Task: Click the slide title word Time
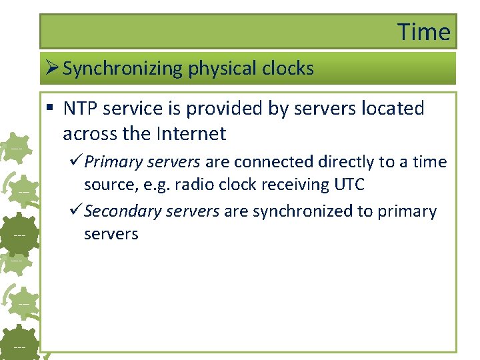coord(424,32)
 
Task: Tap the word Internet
coord(191,134)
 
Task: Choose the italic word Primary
coord(109,162)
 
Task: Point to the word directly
coord(348,162)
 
